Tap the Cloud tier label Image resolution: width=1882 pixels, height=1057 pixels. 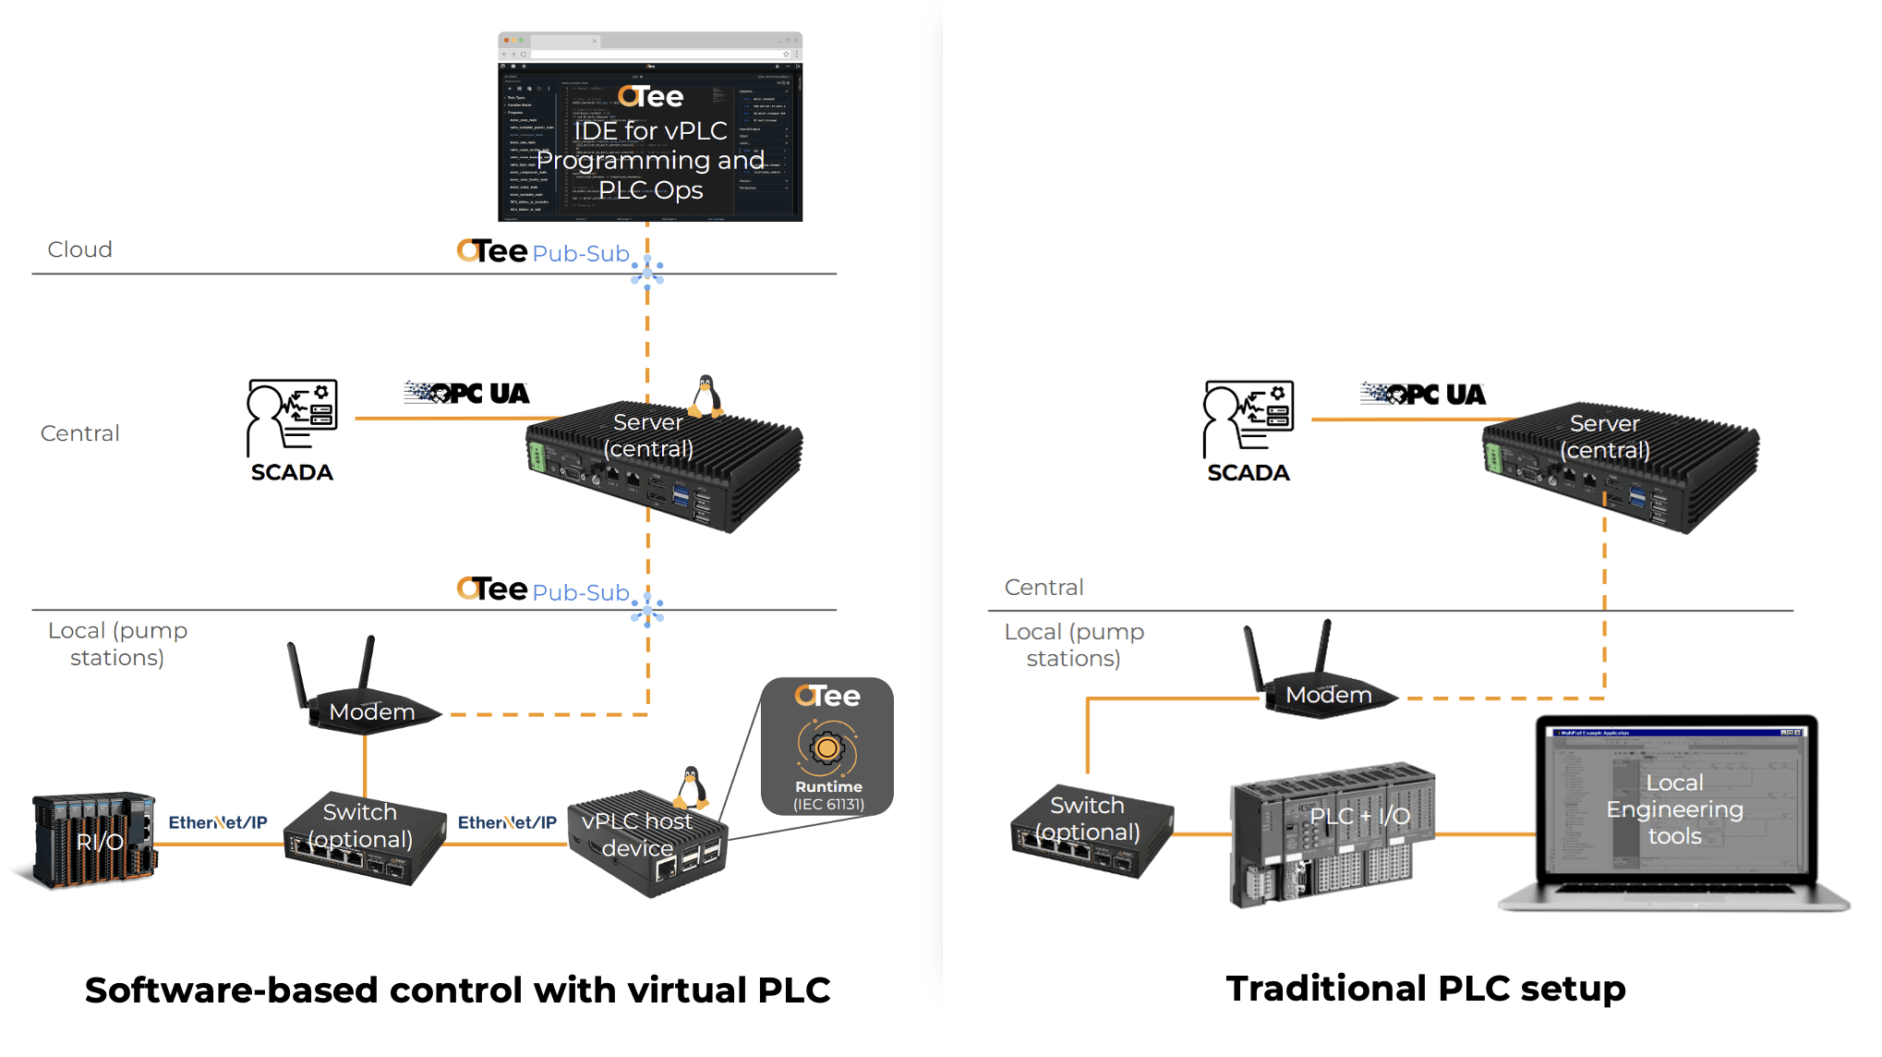(80, 249)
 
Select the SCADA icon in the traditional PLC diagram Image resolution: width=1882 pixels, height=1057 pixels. (1249, 419)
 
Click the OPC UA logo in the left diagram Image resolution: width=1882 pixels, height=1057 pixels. (467, 393)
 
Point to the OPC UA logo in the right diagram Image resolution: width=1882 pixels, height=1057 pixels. (1423, 395)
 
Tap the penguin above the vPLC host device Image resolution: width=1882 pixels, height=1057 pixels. (691, 787)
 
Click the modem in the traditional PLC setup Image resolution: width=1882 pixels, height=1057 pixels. (1322, 684)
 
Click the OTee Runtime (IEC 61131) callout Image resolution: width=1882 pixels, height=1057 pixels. (827, 747)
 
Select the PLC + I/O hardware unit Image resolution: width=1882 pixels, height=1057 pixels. (1332, 832)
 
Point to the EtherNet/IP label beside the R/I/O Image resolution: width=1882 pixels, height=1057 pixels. (218, 822)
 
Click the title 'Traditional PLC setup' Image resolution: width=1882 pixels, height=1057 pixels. (1425, 989)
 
